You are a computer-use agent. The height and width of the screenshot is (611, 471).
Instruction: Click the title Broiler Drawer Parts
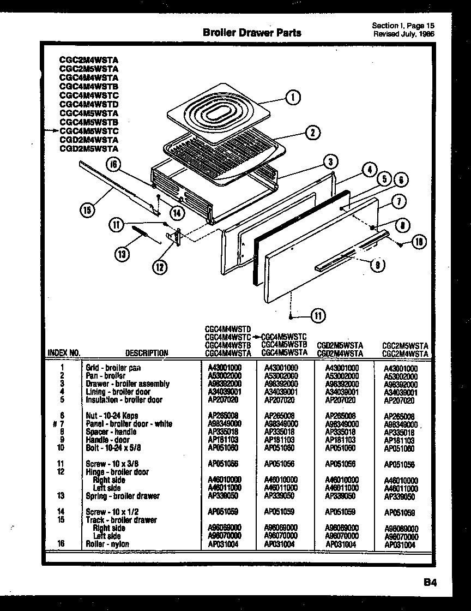[x=251, y=32]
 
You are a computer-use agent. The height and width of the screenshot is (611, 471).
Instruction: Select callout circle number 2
[x=312, y=132]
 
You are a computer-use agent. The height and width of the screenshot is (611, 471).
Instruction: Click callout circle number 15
[x=88, y=209]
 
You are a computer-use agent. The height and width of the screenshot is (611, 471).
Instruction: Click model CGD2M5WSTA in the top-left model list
[x=89, y=148]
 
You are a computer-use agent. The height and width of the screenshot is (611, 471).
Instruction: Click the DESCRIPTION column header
[x=147, y=353]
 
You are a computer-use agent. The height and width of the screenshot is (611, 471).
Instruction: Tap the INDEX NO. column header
[x=64, y=353]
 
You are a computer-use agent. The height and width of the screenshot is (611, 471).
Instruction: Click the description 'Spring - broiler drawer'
[x=123, y=496]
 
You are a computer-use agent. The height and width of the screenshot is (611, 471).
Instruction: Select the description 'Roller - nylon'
[x=107, y=544]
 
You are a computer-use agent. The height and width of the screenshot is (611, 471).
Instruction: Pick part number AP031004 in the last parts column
[x=401, y=544]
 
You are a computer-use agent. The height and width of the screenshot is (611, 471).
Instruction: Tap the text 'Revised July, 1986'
[x=404, y=33]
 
